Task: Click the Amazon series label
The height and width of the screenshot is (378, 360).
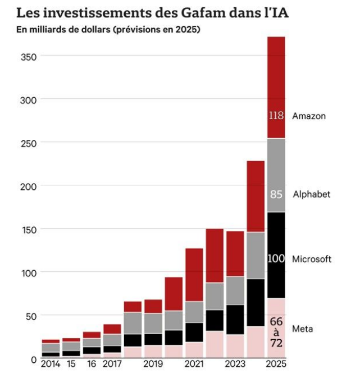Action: (308, 116)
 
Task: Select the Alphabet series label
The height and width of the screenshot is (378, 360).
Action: (312, 194)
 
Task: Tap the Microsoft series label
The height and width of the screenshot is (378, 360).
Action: (312, 259)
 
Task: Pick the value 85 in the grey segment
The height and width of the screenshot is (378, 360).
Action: (276, 195)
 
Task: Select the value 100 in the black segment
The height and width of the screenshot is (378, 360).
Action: (276, 259)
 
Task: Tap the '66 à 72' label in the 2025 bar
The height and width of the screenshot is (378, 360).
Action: (276, 332)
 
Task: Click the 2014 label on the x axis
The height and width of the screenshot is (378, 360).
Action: (51, 364)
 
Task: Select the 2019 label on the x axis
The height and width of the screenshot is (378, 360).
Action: (153, 364)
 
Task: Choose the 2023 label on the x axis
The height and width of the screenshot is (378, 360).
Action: (235, 364)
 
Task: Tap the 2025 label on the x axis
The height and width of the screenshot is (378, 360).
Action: (276, 364)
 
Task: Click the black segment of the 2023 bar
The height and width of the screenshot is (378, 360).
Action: (235, 320)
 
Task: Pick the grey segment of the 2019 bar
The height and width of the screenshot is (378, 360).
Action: (153, 324)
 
